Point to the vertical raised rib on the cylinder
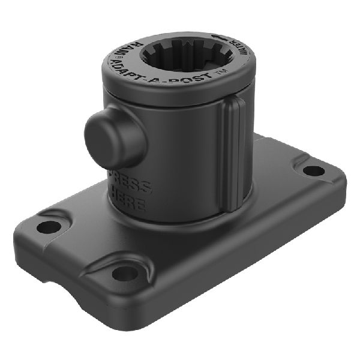point(232,156)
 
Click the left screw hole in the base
point(48,227)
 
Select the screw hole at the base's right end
point(313,170)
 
